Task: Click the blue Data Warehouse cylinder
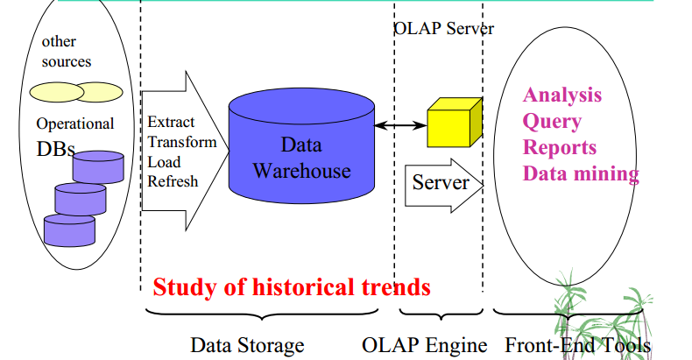301,145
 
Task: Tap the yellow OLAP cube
455,123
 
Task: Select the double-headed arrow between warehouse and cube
400,126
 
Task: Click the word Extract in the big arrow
171,122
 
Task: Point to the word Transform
182,142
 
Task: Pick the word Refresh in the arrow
173,181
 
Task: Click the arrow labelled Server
444,186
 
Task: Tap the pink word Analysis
562,95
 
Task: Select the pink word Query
552,122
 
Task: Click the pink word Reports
560,147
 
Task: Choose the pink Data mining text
581,173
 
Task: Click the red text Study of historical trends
292,287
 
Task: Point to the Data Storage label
247,345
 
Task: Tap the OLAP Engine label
425,345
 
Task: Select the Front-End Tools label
578,345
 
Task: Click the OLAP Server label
444,29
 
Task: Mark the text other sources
67,51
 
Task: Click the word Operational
75,124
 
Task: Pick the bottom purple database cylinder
69,230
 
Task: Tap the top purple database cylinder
98,167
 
